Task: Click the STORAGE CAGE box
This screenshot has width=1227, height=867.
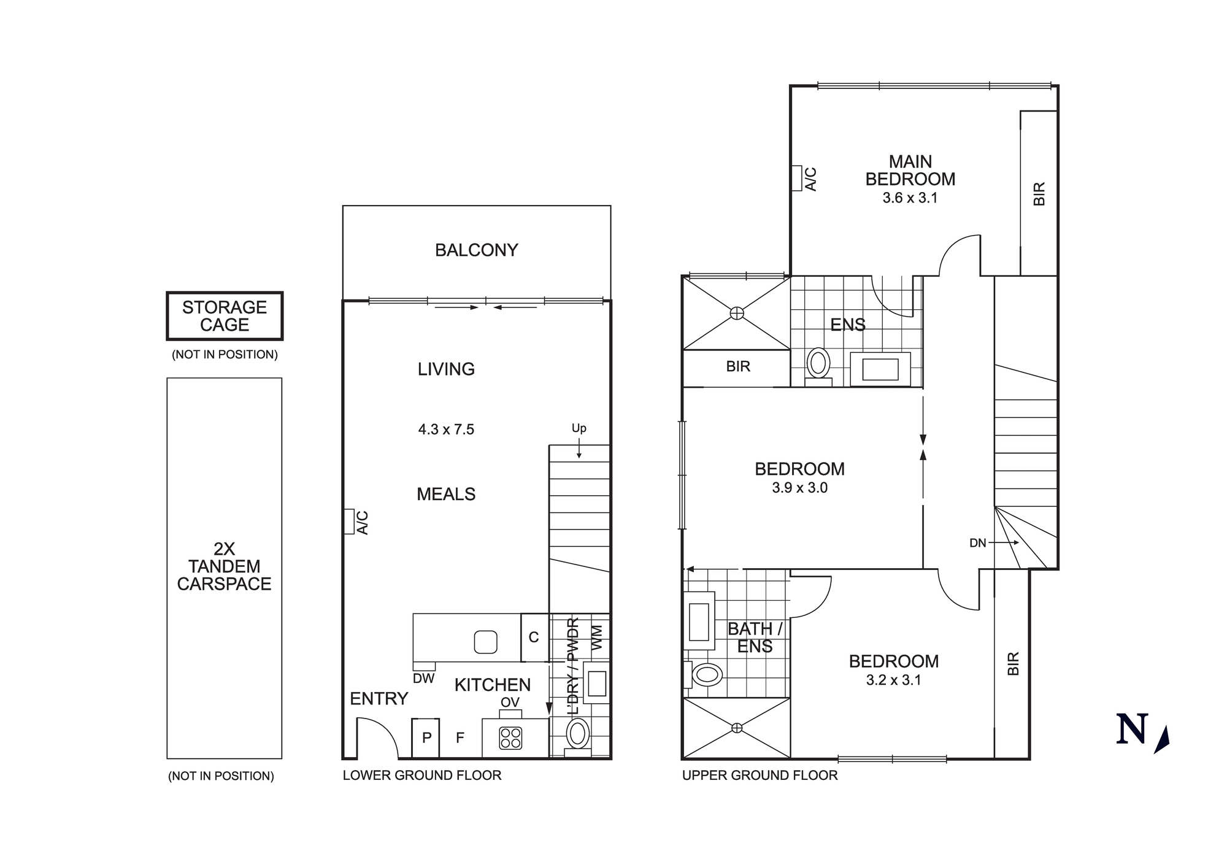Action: coord(225,316)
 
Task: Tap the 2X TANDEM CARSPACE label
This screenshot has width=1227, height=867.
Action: coord(224,566)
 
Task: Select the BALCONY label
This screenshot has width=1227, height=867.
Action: coord(476,250)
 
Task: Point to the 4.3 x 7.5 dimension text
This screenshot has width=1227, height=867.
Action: coord(446,430)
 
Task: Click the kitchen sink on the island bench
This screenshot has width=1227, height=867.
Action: coord(485,642)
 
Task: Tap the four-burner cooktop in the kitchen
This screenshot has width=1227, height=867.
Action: coord(510,738)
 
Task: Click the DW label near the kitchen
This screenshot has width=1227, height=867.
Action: coord(423,678)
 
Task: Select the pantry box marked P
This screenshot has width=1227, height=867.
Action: coord(427,738)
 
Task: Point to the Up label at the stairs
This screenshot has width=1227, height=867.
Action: coord(579,428)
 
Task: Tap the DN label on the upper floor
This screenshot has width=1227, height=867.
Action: coord(977,542)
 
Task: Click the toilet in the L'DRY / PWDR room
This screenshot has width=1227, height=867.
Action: coord(577,734)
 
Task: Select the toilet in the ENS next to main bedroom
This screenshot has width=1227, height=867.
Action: coord(818,363)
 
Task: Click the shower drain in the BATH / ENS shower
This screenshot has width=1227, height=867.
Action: coord(737,728)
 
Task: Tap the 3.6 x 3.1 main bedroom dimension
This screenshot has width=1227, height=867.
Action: coord(910,198)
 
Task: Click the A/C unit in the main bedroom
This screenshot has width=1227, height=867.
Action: coord(797,178)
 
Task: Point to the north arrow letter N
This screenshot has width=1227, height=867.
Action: coord(1131,730)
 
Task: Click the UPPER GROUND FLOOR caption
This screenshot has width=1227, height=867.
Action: coord(760,775)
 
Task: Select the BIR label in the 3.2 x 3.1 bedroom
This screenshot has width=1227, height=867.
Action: coord(1013,663)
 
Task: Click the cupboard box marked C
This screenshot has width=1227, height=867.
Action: coord(534,637)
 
